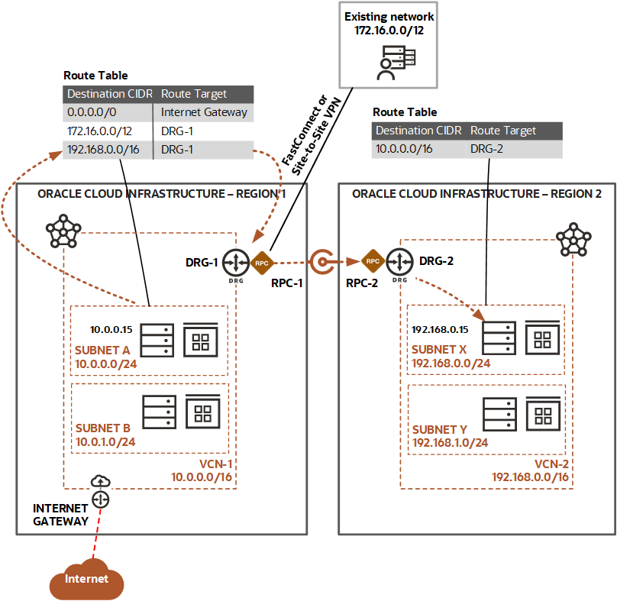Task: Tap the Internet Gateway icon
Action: (101, 499)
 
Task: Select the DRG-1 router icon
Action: (237, 262)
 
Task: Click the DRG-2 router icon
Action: (399, 262)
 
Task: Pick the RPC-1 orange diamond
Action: (262, 262)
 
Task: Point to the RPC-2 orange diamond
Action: (373, 262)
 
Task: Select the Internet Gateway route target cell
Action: (204, 111)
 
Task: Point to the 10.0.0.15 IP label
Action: (112, 330)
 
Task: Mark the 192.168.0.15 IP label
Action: (440, 329)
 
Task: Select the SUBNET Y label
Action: (441, 429)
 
